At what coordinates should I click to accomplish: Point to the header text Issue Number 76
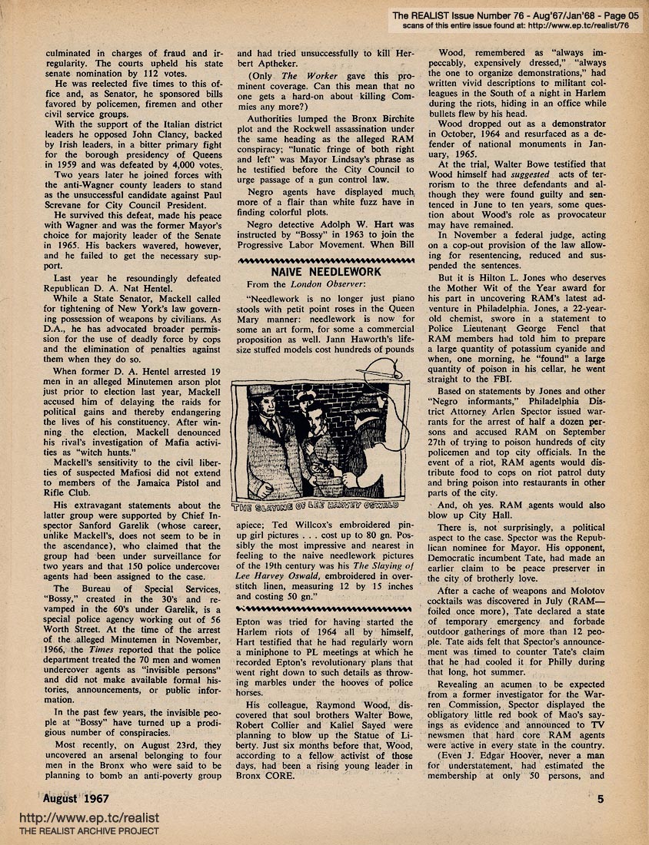click(x=486, y=14)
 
